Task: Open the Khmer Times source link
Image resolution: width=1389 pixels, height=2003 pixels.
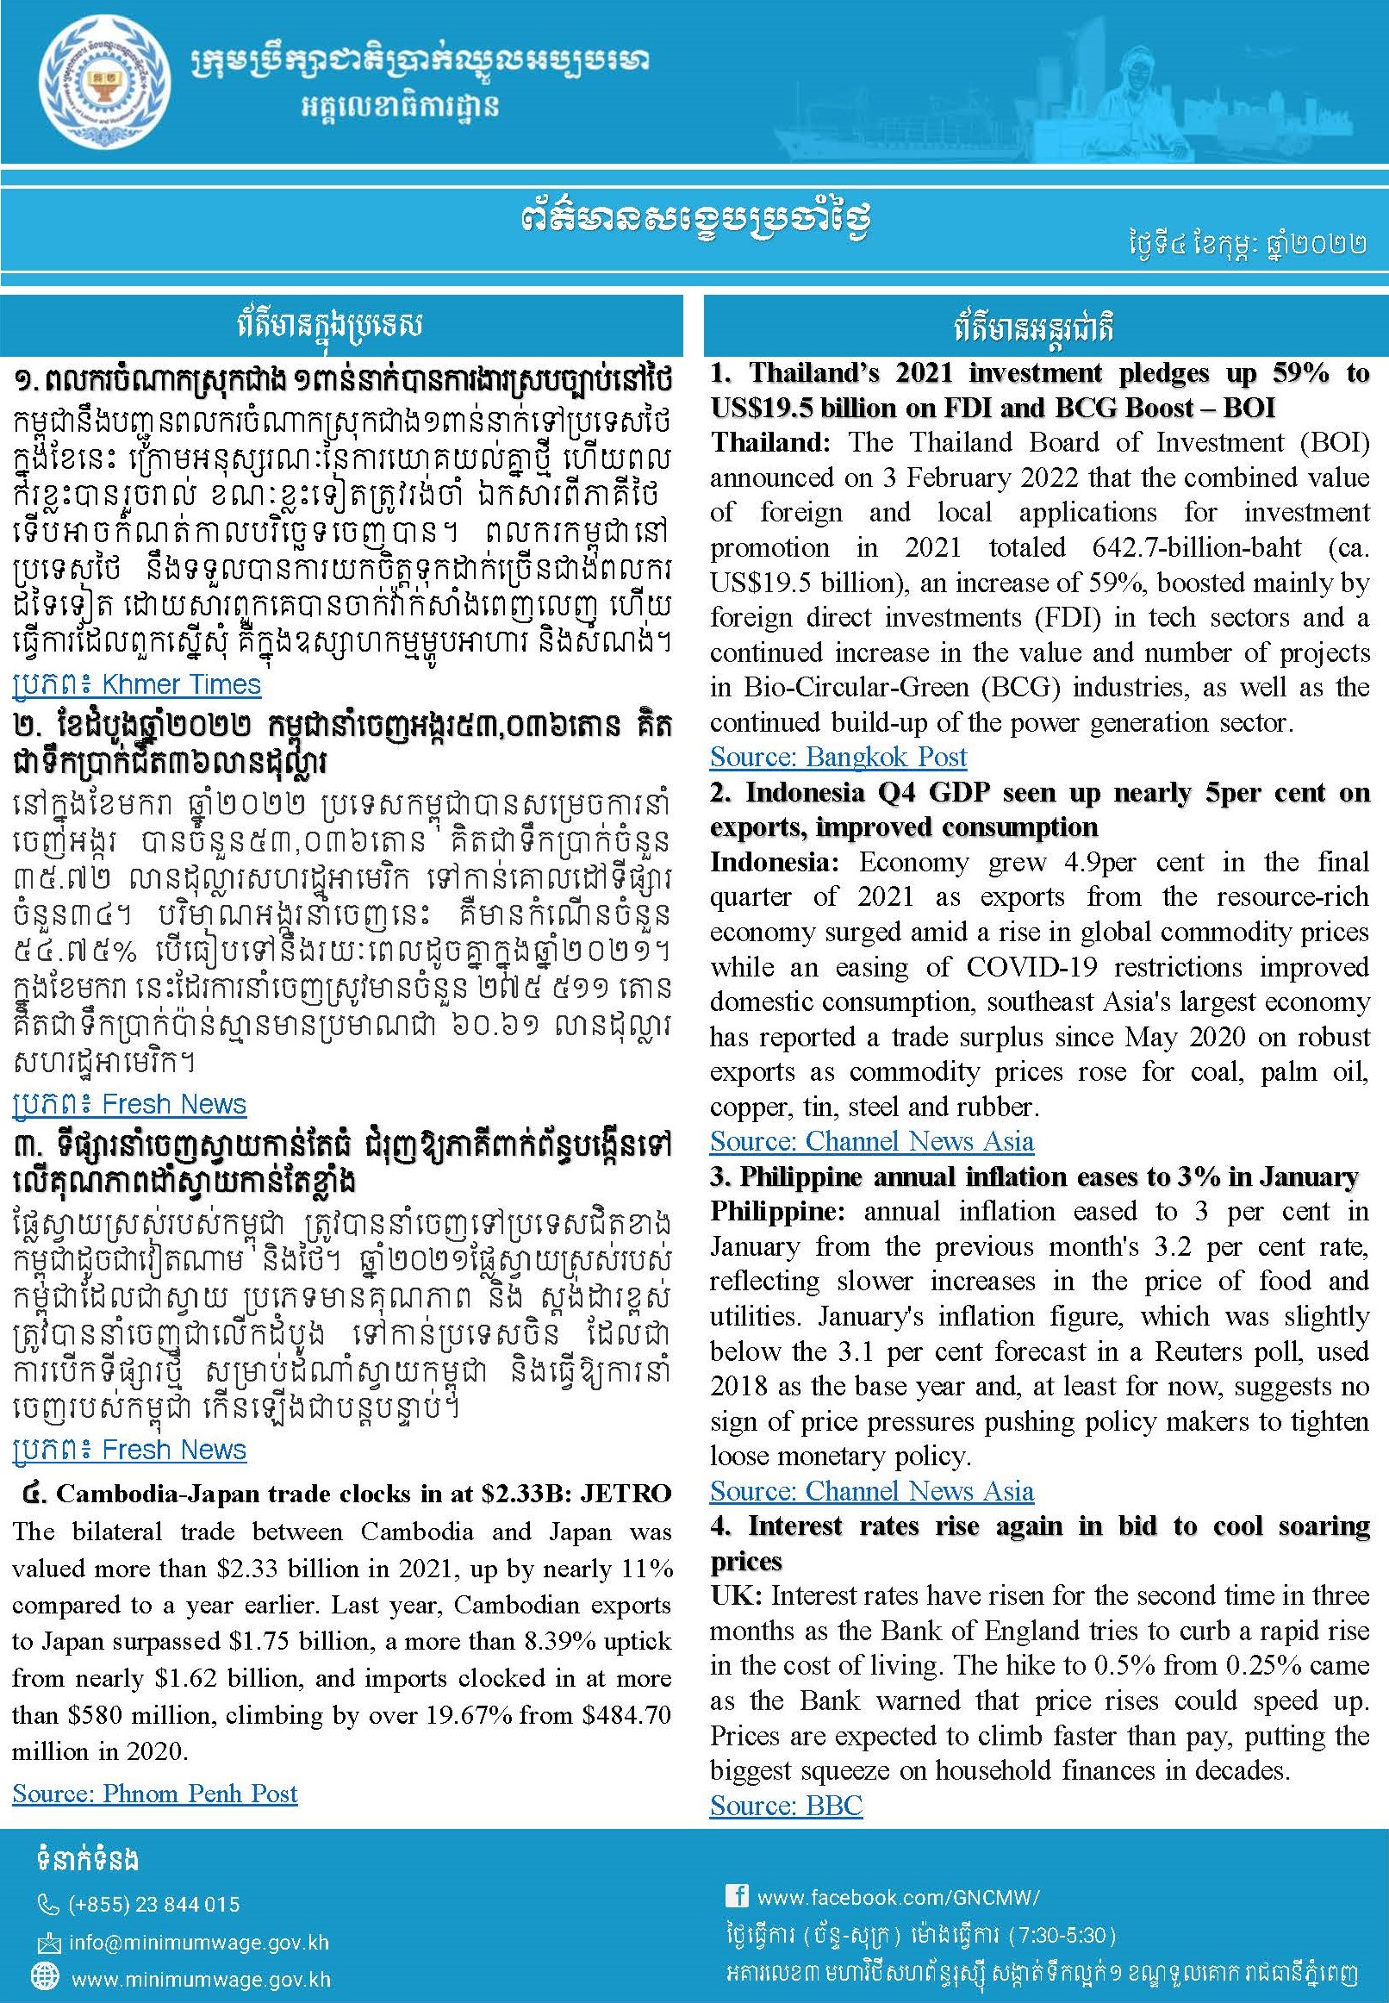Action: (137, 684)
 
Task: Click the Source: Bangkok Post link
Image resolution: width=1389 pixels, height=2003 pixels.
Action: (838, 757)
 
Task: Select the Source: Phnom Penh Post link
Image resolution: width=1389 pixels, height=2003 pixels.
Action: (155, 1794)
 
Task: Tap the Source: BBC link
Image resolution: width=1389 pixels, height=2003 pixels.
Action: (786, 1806)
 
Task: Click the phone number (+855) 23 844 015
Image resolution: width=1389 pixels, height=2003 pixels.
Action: (154, 1904)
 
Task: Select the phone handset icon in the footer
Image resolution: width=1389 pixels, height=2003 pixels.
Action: (48, 1905)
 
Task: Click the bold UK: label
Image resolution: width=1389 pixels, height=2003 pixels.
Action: (736, 1595)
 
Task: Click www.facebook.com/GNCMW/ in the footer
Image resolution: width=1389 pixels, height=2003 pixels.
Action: (898, 1897)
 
